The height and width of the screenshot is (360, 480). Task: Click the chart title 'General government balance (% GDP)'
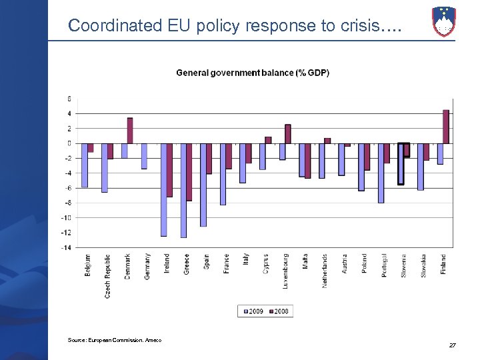click(252, 73)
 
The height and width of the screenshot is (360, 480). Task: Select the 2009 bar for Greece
click(183, 190)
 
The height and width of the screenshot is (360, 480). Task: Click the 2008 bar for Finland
click(445, 127)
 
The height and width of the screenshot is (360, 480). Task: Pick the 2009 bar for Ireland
click(163, 189)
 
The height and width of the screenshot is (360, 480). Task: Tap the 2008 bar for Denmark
click(130, 131)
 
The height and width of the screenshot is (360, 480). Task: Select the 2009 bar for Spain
click(203, 185)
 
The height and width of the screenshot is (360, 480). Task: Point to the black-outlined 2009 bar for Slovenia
click(401, 163)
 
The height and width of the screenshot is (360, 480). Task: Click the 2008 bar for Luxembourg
click(288, 134)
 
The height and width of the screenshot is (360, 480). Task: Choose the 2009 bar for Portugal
click(381, 173)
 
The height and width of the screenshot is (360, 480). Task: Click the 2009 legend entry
click(253, 311)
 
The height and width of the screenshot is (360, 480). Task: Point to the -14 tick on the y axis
click(67, 247)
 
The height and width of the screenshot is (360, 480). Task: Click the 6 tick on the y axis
click(69, 99)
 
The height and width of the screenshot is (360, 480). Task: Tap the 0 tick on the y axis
click(69, 143)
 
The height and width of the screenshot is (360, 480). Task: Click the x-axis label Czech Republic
click(107, 276)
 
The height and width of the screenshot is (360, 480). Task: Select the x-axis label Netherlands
click(325, 271)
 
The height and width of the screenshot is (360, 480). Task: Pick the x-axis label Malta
click(305, 261)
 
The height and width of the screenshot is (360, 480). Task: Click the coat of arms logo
click(443, 21)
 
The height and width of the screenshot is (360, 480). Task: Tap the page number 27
click(453, 345)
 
